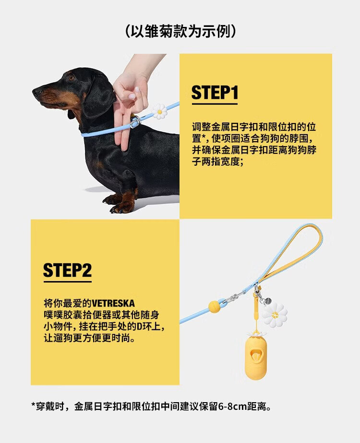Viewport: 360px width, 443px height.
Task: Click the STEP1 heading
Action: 215,92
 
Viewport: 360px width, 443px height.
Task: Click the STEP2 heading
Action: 68,270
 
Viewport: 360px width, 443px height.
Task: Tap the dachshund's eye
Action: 72,78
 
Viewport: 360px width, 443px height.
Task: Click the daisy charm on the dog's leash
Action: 159,111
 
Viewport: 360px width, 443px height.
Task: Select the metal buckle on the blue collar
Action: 135,122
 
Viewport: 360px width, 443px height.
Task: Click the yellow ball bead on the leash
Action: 214,307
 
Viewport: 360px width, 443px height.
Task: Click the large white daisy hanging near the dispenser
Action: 275,315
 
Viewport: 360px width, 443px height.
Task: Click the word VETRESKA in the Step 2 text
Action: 113,304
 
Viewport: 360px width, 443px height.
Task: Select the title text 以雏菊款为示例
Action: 180,31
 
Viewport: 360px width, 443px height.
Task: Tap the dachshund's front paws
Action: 119,203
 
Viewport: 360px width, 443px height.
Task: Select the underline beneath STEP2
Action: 68,282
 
